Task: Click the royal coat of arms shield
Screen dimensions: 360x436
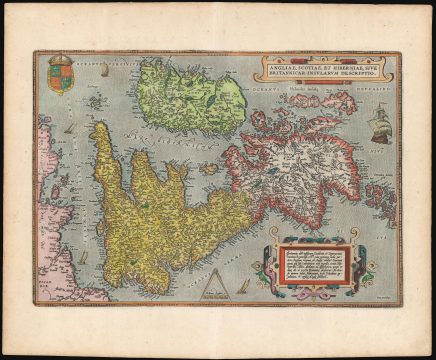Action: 61,79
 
